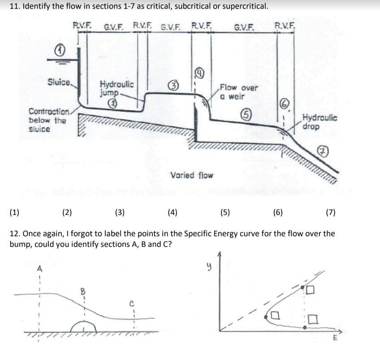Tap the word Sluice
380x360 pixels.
coord(59,82)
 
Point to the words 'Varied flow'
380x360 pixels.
coord(192,175)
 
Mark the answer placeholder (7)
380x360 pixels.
coord(330,212)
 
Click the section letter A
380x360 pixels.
coord(39,269)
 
